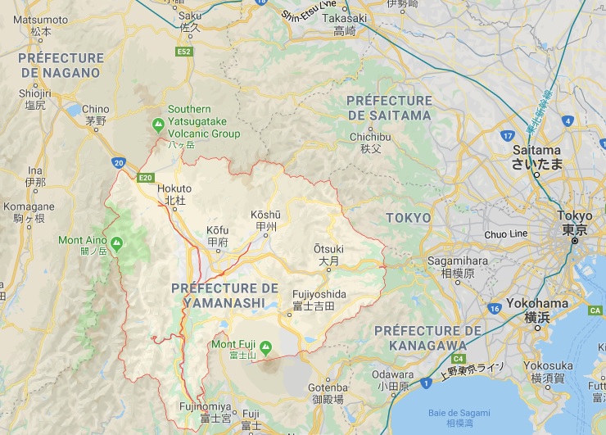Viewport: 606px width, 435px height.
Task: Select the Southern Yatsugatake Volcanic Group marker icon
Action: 158,125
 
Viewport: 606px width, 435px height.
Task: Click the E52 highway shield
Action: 183,52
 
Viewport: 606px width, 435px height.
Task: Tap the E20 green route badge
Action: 146,177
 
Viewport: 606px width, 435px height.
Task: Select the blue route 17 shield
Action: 508,136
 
